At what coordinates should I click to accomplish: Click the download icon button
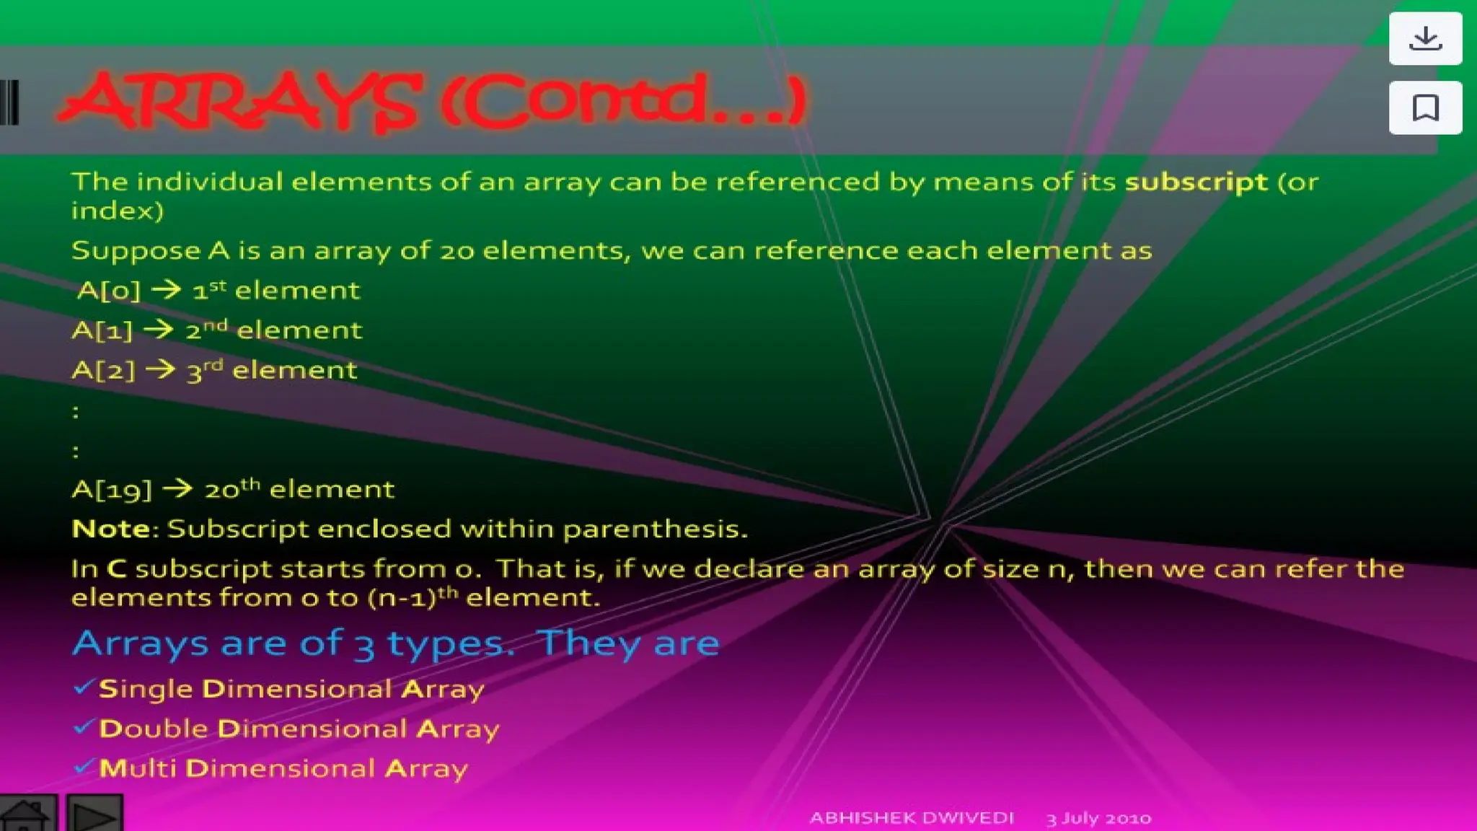coord(1425,38)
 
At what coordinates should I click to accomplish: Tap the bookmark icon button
coord(1425,108)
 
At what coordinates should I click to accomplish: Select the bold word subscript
coord(1196,182)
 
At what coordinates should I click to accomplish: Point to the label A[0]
coord(108,291)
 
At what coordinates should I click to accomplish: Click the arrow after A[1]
coord(159,330)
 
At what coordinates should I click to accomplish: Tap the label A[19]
coord(112,491)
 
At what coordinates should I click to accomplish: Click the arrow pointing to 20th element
coord(177,490)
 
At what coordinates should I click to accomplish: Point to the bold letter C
coord(117,569)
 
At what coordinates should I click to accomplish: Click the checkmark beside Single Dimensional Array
coord(84,687)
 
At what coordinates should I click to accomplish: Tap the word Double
coord(154,729)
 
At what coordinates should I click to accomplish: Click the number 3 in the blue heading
coord(364,645)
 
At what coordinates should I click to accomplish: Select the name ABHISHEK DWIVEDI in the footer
coord(912,818)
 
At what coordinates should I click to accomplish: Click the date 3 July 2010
coord(1098,819)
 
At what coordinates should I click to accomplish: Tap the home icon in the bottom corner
coord(27,815)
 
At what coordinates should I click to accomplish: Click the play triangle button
coord(94,816)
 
